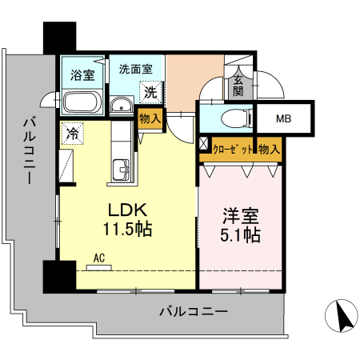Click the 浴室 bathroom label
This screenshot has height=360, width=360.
click(x=82, y=76)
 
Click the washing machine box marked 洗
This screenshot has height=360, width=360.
click(x=150, y=92)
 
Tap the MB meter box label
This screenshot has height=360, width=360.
click(x=284, y=120)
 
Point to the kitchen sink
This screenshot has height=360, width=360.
click(x=122, y=169)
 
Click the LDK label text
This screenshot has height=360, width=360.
click(x=128, y=210)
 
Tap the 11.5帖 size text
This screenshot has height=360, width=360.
click(x=128, y=230)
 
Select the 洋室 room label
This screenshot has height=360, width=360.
click(x=241, y=216)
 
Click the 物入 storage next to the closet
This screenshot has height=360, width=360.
click(x=269, y=149)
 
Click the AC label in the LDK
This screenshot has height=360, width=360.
click(x=99, y=258)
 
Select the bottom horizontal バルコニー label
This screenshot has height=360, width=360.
click(x=193, y=311)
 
